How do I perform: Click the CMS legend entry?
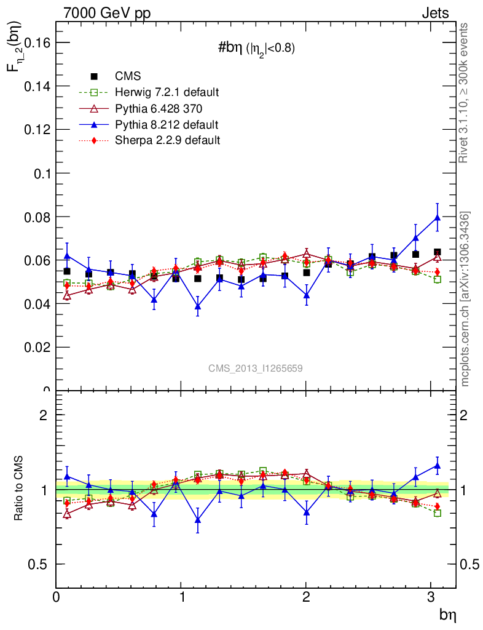[128, 76]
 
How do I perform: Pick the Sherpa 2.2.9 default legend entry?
[167, 140]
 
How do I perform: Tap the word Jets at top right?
[434, 13]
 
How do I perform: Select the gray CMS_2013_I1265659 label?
[255, 368]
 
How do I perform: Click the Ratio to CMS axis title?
[18, 489]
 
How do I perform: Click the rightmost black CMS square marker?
[438, 252]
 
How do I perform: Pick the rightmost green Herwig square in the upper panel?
[438, 279]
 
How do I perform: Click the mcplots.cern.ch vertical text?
[465, 300]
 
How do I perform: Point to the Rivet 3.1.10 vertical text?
[465, 92]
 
